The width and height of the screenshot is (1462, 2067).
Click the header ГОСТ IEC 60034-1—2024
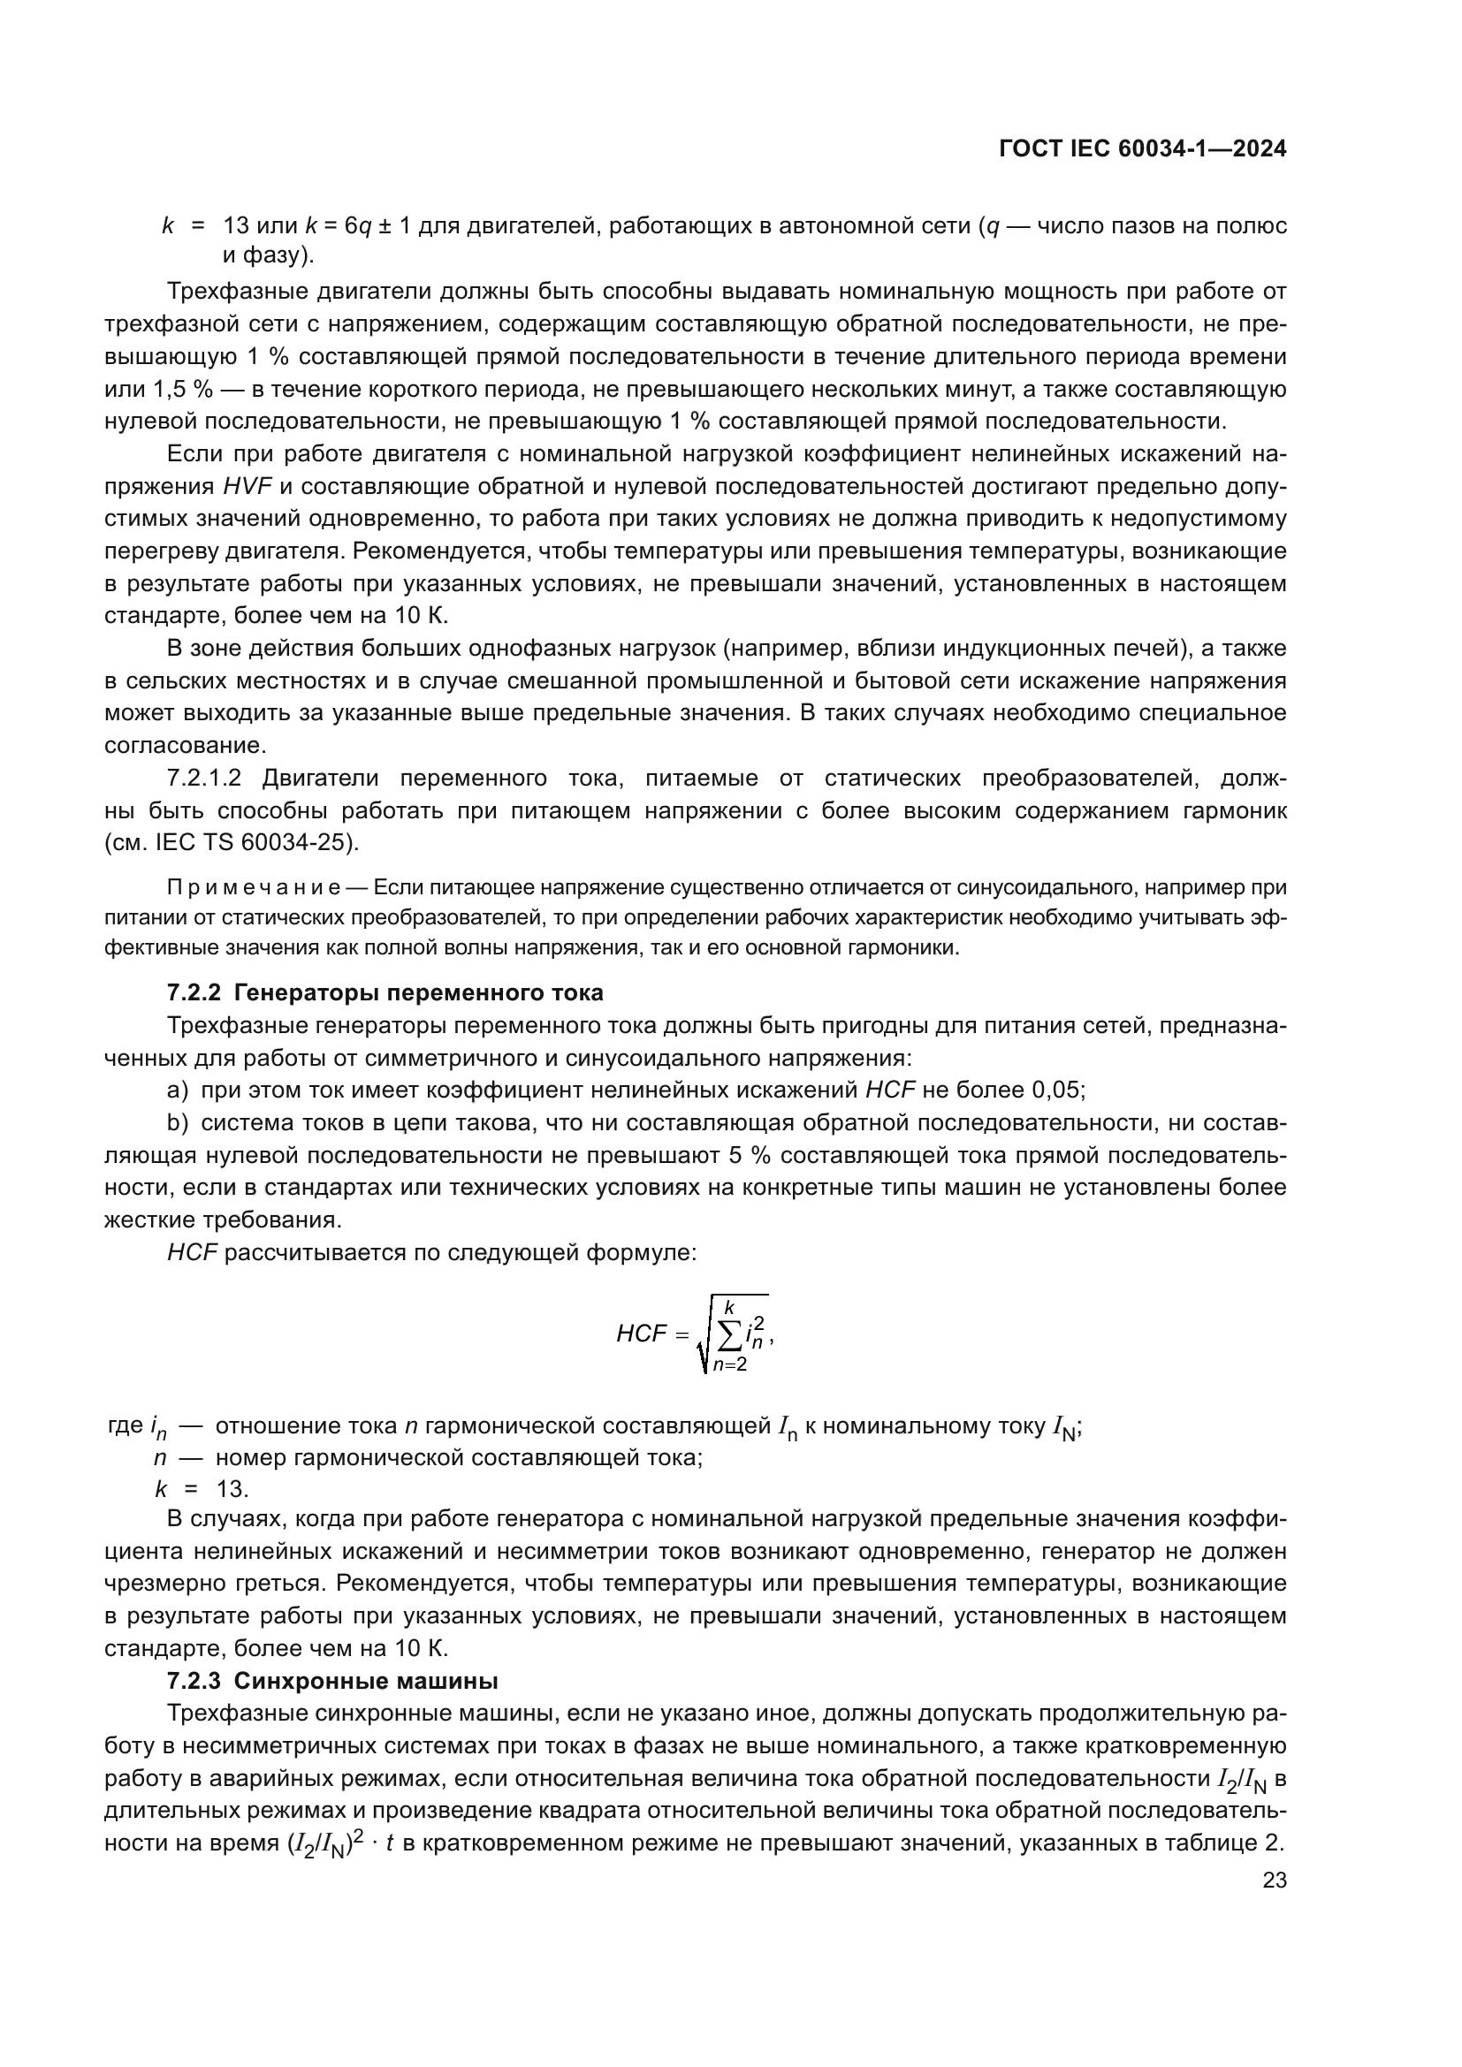(1141, 149)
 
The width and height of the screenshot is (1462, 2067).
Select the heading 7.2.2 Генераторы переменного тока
(385, 993)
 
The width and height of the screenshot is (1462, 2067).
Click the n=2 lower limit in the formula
(729, 1365)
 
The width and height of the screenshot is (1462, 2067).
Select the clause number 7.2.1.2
(204, 779)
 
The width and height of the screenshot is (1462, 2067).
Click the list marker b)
(178, 1122)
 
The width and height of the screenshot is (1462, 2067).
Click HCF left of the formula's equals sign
(641, 1334)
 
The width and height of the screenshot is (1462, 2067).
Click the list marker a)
(178, 1090)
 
